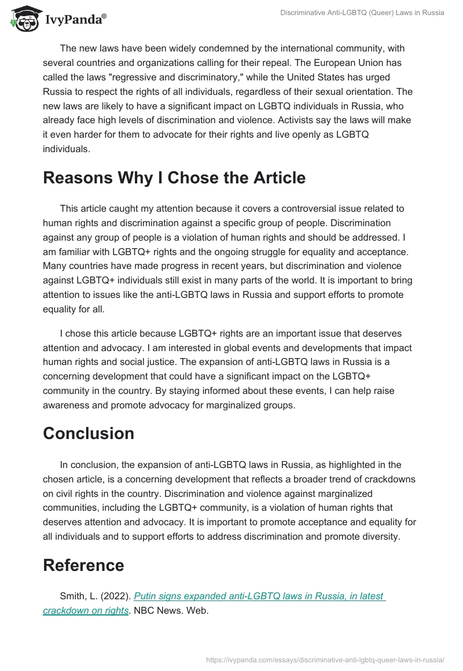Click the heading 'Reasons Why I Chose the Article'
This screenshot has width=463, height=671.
coord(174,178)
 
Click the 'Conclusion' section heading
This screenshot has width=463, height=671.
coord(89,433)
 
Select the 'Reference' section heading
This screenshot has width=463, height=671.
coord(83,565)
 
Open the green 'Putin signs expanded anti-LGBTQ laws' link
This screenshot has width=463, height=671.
coord(259,596)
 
